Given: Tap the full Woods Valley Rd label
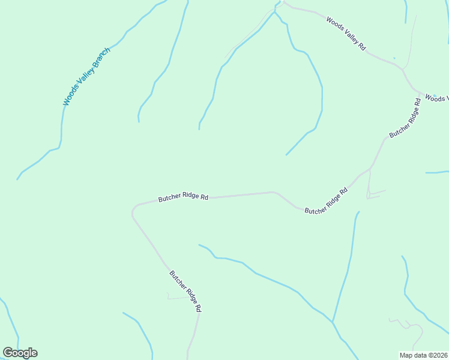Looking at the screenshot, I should pos(346,34).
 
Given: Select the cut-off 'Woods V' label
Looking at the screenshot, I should pos(437,98).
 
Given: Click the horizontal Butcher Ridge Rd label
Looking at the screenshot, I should pos(183,197).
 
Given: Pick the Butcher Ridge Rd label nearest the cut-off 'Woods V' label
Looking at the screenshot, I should pos(405,117).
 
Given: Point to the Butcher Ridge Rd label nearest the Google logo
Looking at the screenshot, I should pos(185,291).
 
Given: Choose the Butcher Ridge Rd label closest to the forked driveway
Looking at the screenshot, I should pos(327,202).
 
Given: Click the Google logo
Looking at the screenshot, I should pos(20,353).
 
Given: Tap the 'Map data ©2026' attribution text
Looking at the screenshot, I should pos(423,355).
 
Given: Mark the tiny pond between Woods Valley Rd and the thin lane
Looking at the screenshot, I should pos(394,58).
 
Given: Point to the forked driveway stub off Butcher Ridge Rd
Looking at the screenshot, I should pos(372,193).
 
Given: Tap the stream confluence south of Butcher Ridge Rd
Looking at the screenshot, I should pos(332,322).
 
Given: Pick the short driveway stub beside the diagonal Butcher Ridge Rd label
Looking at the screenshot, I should pos(177,297).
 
